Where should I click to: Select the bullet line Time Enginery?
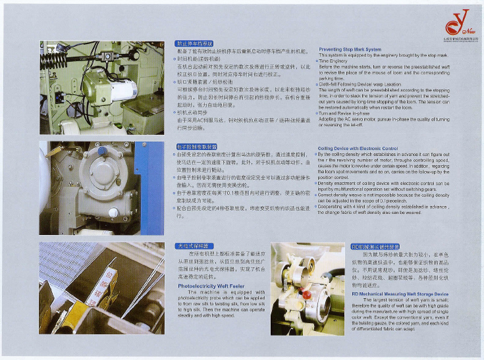pos(336,61)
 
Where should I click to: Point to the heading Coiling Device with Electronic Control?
pos(358,149)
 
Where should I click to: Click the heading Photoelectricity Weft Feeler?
pos(211,286)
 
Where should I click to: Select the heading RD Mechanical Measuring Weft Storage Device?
pos(400,294)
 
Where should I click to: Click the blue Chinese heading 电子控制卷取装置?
pos(197,145)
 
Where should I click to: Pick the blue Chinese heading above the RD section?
pos(375,245)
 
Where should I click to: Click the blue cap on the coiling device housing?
pos(102,151)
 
